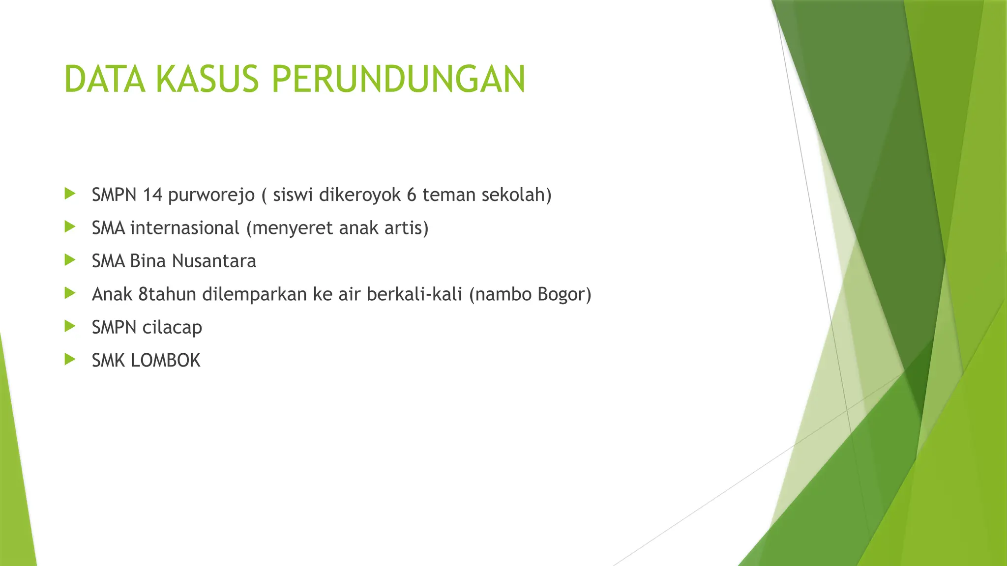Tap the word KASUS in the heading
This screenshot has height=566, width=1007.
pyautogui.click(x=207, y=79)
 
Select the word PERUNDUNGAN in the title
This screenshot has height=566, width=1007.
pyautogui.click(x=398, y=79)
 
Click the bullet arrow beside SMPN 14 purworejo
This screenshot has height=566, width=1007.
pyautogui.click(x=70, y=194)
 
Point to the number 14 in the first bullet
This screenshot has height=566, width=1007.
pyautogui.click(x=152, y=195)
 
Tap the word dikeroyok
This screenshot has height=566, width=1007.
pyautogui.click(x=360, y=195)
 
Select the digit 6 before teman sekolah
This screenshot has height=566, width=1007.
pyautogui.click(x=412, y=195)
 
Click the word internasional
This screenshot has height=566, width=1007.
pyautogui.click(x=185, y=228)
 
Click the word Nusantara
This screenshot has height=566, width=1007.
pyautogui.click(x=215, y=261)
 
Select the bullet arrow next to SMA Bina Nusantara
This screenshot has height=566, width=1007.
pyautogui.click(x=70, y=260)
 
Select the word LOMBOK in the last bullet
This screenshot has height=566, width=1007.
pyautogui.click(x=166, y=361)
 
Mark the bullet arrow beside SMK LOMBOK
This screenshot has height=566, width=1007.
pyautogui.click(x=70, y=360)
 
